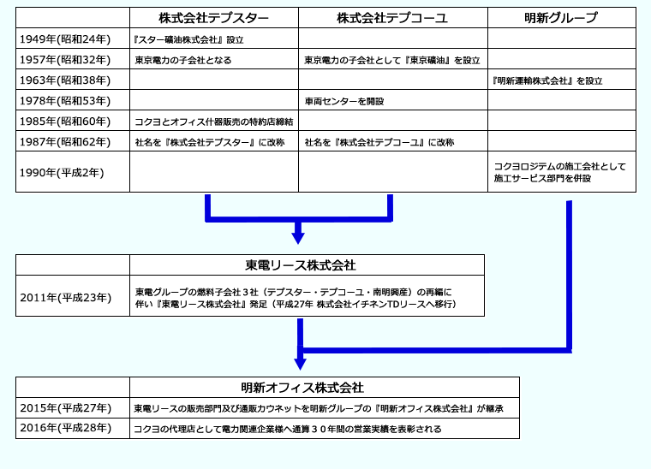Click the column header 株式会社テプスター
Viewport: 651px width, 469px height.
213,18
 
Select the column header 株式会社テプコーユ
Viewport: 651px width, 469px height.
392,18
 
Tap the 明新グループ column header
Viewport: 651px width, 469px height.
561,18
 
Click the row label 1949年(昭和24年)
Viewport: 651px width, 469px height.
65,39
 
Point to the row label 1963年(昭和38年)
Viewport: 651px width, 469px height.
65,80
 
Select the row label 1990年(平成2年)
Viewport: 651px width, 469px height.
62,173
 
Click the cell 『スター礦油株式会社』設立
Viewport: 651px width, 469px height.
188,40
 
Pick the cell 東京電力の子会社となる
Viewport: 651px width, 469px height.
183,60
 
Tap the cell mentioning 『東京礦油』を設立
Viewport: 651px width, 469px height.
392,60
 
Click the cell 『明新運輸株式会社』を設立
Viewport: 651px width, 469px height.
547,80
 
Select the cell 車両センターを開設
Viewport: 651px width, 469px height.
344,101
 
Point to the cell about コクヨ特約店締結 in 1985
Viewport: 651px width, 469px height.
214,122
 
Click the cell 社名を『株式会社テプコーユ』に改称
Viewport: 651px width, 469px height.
379,142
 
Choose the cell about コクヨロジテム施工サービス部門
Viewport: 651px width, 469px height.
559,172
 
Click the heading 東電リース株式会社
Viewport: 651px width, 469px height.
300,265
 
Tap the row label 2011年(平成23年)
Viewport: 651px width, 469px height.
66,298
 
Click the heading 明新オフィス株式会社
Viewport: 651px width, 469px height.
302,388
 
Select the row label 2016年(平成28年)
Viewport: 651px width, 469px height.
66,428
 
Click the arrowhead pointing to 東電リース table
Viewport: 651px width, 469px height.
298,239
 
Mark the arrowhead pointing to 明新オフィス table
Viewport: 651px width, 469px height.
300,365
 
